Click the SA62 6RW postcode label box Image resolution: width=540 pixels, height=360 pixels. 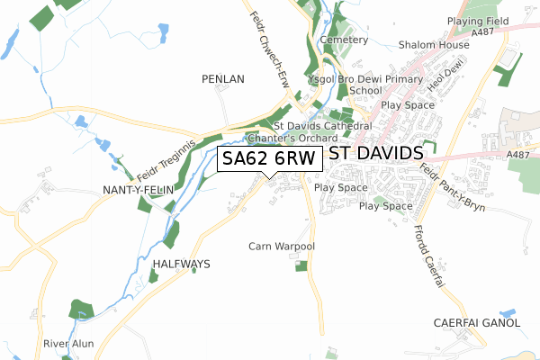point(269,159)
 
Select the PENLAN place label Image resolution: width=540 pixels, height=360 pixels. point(223,79)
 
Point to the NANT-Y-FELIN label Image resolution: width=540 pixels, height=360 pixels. point(138,190)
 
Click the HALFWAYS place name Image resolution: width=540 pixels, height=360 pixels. point(181,264)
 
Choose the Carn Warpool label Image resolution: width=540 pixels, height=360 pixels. point(282,246)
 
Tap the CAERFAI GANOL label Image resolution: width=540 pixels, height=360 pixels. point(477,322)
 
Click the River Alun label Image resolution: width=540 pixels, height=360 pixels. point(68,344)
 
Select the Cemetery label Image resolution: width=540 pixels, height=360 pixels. point(344,40)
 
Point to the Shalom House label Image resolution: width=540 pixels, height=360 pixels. point(436,45)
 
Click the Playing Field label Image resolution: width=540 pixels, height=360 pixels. point(477,19)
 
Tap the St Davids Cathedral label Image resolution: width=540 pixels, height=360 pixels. point(322,126)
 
